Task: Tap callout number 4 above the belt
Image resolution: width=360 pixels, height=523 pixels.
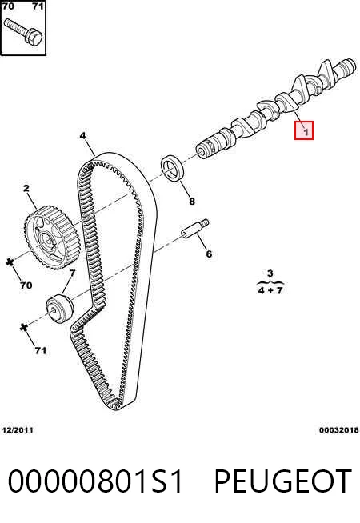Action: (82, 136)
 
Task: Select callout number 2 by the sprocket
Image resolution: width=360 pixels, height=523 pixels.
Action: (26, 189)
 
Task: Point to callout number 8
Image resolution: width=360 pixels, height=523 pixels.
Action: (192, 202)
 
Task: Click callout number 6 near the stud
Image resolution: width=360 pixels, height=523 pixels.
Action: (209, 254)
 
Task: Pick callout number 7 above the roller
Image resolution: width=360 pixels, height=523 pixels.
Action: (73, 273)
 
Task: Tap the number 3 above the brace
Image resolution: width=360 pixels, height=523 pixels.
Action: (270, 273)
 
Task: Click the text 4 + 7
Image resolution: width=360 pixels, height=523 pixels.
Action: (270, 290)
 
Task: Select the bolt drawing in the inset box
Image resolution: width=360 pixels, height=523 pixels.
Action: (22, 32)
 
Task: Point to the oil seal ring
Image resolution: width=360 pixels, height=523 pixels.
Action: (173, 169)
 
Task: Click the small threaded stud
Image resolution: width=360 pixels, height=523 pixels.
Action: (195, 229)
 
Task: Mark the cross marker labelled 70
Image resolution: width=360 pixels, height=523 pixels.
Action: (10, 262)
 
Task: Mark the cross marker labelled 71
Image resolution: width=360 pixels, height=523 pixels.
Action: (23, 327)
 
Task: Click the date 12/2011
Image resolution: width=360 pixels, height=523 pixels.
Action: (18, 430)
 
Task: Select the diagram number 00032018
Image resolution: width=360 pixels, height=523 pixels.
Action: (338, 430)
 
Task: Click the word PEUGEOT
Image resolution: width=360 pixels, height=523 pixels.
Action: (282, 481)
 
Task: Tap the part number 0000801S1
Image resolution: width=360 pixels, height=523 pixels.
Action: (95, 481)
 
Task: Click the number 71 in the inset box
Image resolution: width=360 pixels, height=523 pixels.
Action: (38, 6)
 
